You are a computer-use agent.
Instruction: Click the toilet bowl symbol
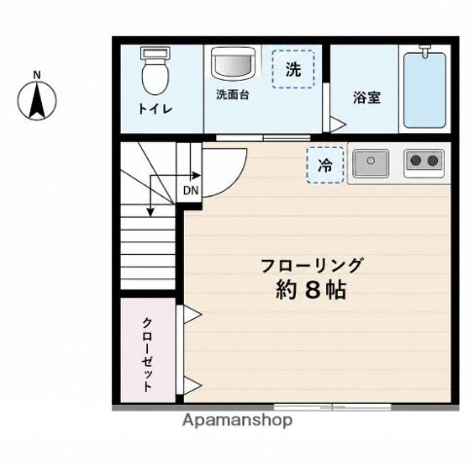pos(156,70)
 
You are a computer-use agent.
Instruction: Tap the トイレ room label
pos(155,109)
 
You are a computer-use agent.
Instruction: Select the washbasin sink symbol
pos(233,63)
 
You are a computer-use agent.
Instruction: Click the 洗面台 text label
pos(233,94)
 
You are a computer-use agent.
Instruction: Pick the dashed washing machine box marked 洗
pos(293,69)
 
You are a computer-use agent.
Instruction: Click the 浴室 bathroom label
pos(367,97)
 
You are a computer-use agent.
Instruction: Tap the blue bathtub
pos(424,90)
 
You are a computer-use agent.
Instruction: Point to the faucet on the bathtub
pos(424,52)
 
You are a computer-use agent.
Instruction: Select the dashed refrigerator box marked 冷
pos(325,165)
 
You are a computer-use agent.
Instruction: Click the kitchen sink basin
pos(371,163)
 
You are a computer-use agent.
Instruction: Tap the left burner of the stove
pos(416,161)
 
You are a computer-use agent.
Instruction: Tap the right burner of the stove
pos(432,161)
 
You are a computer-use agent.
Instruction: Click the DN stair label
pos(191,191)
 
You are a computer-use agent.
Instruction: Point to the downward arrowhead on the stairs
pos(150,212)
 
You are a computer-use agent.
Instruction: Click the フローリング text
pos(311,266)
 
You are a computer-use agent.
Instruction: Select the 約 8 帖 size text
pos(310,290)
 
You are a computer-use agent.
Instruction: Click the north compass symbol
pos(37,97)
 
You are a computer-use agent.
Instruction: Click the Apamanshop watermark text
pos(237,421)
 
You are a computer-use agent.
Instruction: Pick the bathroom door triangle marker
pos(338,125)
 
